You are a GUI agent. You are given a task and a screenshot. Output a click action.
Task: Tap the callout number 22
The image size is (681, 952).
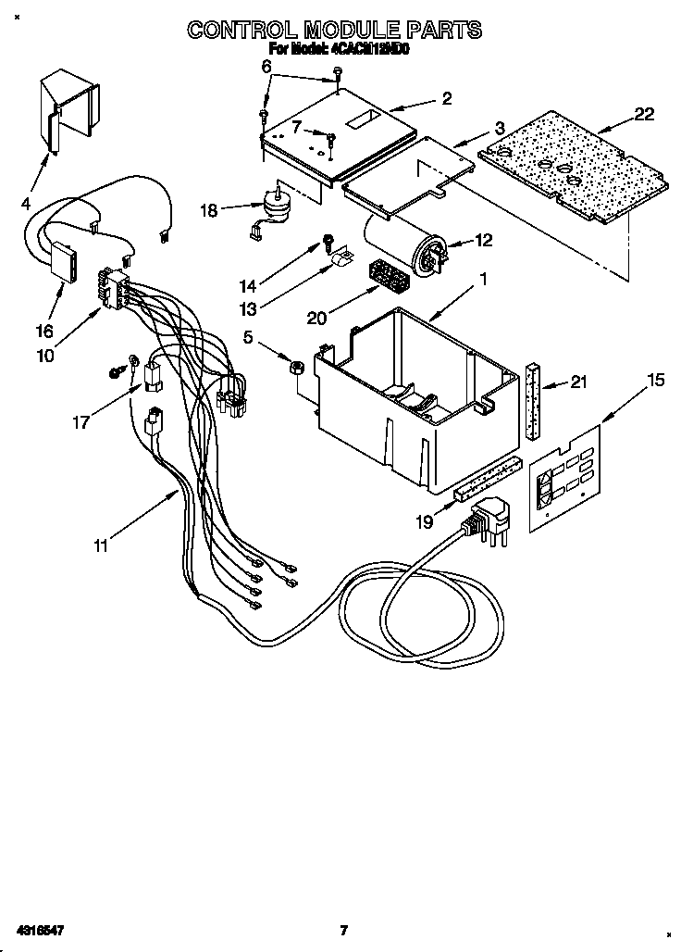pyautogui.click(x=644, y=115)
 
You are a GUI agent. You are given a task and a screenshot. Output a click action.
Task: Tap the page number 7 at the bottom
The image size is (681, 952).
pyautogui.click(x=342, y=930)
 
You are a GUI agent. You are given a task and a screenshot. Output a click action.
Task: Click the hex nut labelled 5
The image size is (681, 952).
pyautogui.click(x=298, y=366)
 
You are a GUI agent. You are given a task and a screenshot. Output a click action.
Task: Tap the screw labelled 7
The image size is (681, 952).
pyautogui.click(x=330, y=140)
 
